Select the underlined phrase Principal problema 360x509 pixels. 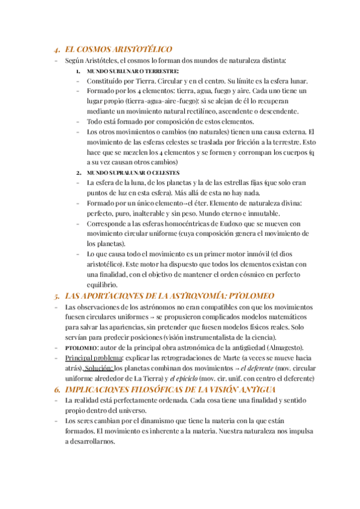click(93, 358)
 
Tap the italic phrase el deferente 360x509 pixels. click(259, 368)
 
